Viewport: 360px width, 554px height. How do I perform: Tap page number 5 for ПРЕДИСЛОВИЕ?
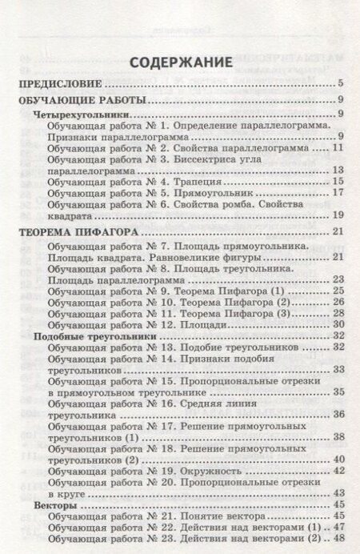click(x=340, y=83)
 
